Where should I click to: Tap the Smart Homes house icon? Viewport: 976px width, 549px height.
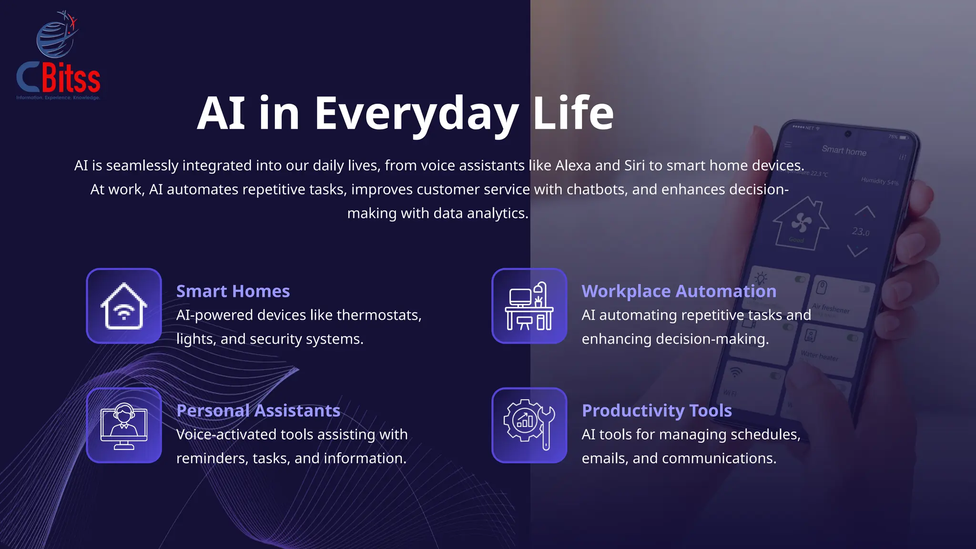click(124, 306)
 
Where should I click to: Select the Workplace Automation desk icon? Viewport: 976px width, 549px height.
click(529, 306)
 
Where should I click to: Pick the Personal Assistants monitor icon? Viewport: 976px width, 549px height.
click(124, 426)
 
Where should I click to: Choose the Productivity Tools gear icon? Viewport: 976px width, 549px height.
click(529, 425)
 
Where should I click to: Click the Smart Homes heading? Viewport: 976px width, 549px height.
click(233, 291)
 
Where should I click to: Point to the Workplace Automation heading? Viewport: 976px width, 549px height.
click(679, 291)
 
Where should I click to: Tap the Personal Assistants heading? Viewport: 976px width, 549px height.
click(258, 411)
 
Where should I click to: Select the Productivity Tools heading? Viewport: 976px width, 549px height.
click(657, 411)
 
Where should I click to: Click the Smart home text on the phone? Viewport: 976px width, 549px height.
click(844, 151)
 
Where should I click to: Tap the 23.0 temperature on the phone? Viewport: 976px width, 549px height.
click(860, 232)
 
